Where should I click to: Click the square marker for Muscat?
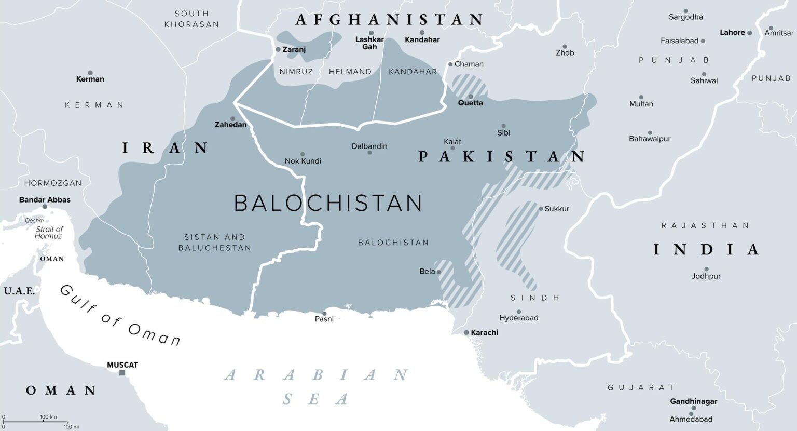coord(122,373)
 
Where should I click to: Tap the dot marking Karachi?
coord(466,332)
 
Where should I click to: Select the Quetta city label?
coord(470,103)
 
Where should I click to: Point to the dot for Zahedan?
coord(232,118)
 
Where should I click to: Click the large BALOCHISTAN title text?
coord(328,203)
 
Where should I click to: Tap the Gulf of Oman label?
coord(120,315)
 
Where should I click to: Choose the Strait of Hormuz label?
coord(49,233)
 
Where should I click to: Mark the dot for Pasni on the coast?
coord(324,313)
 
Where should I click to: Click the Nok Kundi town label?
coord(303,161)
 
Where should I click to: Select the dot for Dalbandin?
coord(369,153)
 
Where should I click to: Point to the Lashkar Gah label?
coord(369,43)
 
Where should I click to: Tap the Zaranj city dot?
coord(278,49)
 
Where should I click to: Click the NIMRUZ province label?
coord(296,72)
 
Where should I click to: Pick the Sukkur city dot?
coord(541,209)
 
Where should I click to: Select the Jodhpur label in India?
coord(706,276)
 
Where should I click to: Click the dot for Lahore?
coord(749,32)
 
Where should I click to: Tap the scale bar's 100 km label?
coord(48,417)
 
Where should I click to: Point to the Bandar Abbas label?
coord(45,199)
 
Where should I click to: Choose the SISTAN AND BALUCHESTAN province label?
coord(215,243)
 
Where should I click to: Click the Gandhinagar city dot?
coord(693,408)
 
